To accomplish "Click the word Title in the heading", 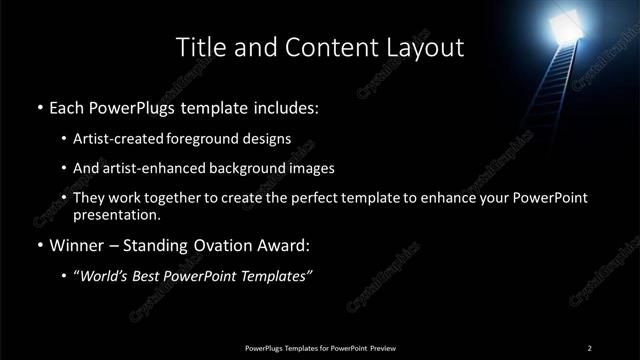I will pos(200,47).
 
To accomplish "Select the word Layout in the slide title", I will pos(426,47).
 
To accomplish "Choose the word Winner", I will pos(78,245).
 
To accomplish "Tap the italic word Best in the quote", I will pos(147,277).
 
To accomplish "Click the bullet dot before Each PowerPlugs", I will pos(39,105).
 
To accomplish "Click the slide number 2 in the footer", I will pos(590,347).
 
